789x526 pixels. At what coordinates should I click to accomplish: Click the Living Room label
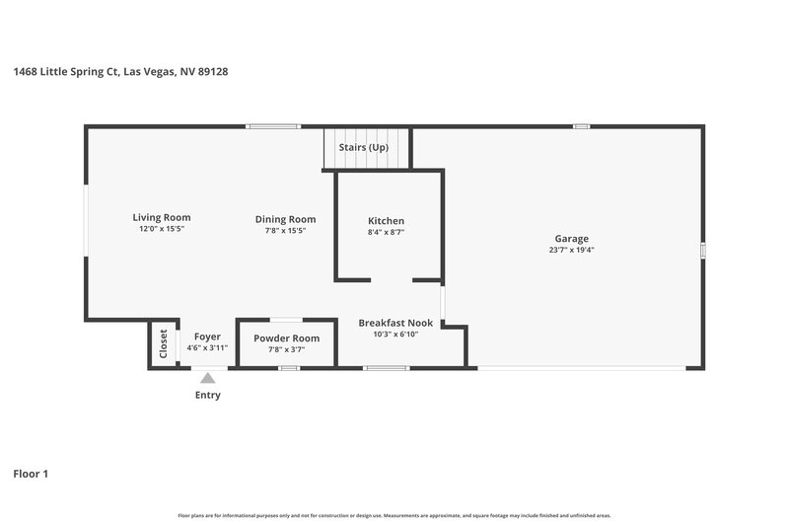coord(162,217)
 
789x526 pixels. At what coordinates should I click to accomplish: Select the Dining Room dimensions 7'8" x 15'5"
coord(285,231)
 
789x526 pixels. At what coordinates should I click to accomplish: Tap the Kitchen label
coord(386,220)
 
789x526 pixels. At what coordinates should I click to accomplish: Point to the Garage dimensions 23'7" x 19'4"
coord(571,250)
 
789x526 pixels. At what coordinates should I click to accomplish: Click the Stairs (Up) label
coord(364,147)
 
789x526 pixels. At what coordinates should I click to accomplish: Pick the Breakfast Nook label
coord(395,323)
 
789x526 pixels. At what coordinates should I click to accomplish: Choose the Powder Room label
coord(286,338)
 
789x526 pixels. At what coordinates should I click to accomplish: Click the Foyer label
coord(207,337)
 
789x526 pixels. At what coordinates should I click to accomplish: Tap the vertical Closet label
coord(164,343)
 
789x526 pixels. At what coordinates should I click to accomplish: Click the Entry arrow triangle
coord(207,377)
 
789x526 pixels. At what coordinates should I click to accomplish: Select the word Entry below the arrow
coord(207,395)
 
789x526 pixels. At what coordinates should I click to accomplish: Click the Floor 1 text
coord(31,474)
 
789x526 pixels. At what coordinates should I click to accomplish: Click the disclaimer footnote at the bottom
coord(394,515)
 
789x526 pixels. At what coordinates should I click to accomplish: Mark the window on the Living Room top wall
coord(272,126)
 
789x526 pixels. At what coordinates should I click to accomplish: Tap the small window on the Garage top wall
coord(581,126)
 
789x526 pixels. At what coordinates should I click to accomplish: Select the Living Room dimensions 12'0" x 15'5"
coord(162,229)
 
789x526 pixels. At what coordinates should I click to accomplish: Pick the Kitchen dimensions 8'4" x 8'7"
coord(386,232)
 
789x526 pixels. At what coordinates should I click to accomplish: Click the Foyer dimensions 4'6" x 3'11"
coord(207,347)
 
